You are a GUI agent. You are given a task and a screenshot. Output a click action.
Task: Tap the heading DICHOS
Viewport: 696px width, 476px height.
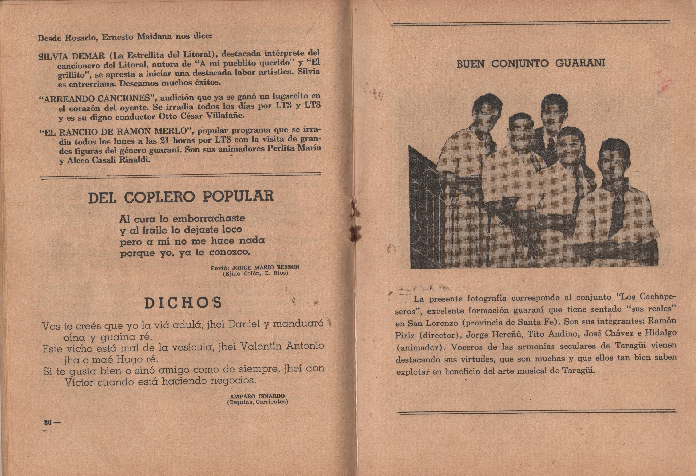coord(183,303)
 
